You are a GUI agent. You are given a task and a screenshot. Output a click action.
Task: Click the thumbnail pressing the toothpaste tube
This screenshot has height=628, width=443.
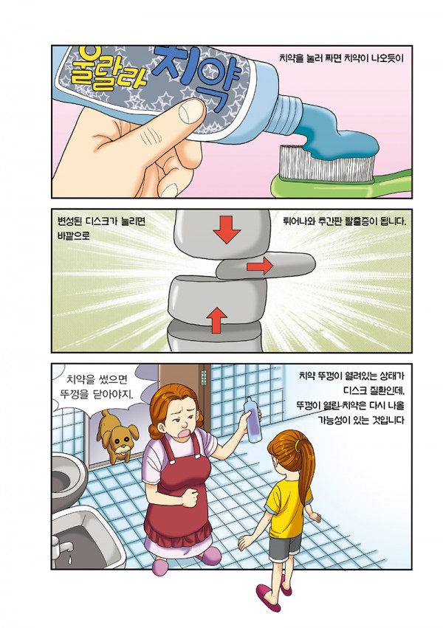tap(191, 111)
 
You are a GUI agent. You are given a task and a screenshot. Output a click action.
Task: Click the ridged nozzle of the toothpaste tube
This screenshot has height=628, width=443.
tap(290, 115)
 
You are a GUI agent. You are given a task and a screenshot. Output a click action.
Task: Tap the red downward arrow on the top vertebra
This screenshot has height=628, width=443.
tap(227, 229)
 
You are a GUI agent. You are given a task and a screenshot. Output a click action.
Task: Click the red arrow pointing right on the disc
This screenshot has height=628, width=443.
tap(260, 266)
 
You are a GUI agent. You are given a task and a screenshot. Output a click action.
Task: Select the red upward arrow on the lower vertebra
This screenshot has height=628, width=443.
tap(217, 320)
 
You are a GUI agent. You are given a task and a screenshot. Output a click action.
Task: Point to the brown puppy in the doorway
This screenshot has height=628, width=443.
tap(116, 435)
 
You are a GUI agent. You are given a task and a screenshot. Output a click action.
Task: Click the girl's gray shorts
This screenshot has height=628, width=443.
tap(285, 548)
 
